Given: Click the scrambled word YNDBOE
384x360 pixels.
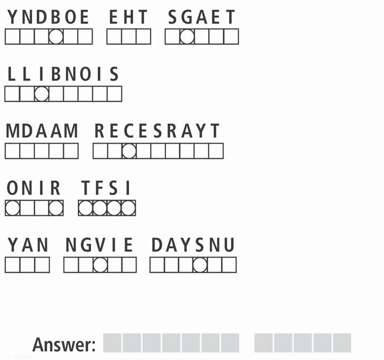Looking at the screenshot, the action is pos(48,17).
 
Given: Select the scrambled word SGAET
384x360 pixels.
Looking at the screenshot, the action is pos(202,17).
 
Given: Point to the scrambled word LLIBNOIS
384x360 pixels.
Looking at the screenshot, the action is pos(63,74).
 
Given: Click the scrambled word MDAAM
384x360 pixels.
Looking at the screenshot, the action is pos(42,132).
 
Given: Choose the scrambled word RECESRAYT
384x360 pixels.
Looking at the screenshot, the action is pos(158,132).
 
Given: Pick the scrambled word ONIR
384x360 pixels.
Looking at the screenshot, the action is pos(34,189).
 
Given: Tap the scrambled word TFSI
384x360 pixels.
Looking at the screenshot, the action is pos(107,189).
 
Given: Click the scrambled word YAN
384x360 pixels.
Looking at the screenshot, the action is pos(28,245).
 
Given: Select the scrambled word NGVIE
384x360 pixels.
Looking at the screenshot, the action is pos(100,245).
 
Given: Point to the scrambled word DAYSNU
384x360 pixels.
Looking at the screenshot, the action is pos(193,245).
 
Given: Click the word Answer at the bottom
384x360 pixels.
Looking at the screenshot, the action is pos(64,344).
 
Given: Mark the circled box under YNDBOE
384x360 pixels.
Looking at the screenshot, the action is pos(55,37).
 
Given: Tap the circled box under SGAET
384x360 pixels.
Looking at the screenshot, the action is pos(187,37).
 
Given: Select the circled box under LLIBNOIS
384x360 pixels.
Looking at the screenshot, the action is pos(42,94).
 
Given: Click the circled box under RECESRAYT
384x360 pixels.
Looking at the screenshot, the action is pos(129,151).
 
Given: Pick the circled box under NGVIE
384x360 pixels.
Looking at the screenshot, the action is pos(100,265).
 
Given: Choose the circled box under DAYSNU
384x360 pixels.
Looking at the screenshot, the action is pos(200,265).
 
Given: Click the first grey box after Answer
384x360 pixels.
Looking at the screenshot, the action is pos(113,343).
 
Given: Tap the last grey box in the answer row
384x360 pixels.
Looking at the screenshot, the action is pos(342,343).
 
